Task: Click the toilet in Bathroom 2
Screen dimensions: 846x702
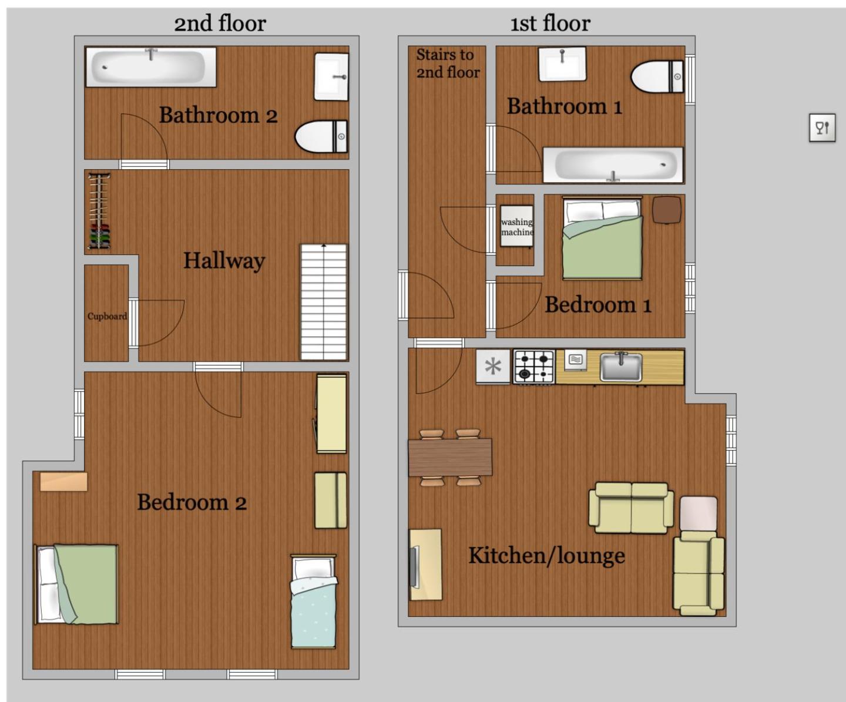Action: point(321,136)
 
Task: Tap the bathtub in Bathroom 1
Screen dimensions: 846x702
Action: point(613,165)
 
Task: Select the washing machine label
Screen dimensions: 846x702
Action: point(517,227)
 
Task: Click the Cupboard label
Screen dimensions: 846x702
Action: point(107,317)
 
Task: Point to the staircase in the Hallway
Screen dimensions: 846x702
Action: point(324,302)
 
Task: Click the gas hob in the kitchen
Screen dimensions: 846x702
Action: point(534,367)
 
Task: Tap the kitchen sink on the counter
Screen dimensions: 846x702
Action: point(621,367)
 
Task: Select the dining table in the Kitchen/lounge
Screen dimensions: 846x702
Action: point(450,458)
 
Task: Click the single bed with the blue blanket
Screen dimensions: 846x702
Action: point(314,602)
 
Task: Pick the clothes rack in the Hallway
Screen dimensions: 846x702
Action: point(99,211)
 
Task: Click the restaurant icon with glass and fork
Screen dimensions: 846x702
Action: point(822,127)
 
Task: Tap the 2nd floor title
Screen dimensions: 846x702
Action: point(220,23)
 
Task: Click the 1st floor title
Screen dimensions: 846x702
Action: point(550,23)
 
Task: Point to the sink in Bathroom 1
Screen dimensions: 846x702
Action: point(562,64)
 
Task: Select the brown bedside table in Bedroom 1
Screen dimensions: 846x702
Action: point(666,210)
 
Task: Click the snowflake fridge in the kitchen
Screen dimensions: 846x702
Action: point(493,367)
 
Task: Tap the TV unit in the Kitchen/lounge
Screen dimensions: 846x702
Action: point(425,565)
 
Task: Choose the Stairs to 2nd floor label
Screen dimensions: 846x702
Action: point(448,63)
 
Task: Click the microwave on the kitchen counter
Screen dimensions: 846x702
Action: point(576,360)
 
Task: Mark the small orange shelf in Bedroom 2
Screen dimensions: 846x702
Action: point(63,482)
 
